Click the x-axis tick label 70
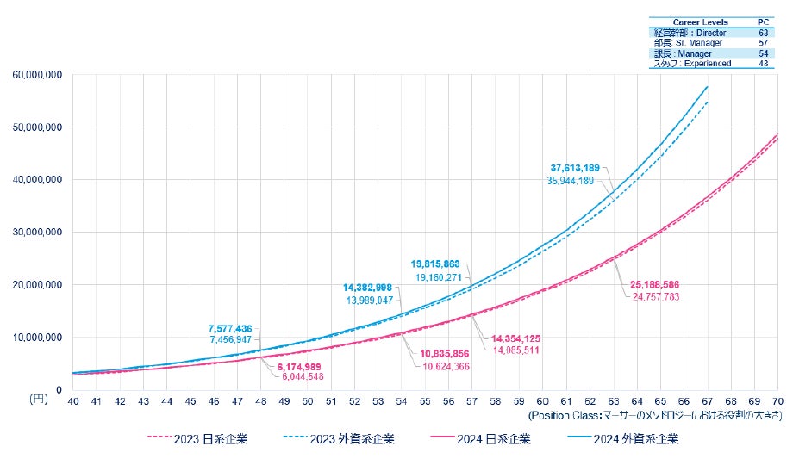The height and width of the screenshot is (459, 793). [x=777, y=401]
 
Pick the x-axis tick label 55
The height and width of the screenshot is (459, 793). [x=425, y=401]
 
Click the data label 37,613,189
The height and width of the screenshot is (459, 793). [x=578, y=167]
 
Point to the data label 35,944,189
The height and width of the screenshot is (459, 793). [x=578, y=181]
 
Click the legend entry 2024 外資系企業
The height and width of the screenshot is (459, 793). [x=636, y=439]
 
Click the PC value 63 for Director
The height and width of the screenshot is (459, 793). [x=764, y=33]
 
